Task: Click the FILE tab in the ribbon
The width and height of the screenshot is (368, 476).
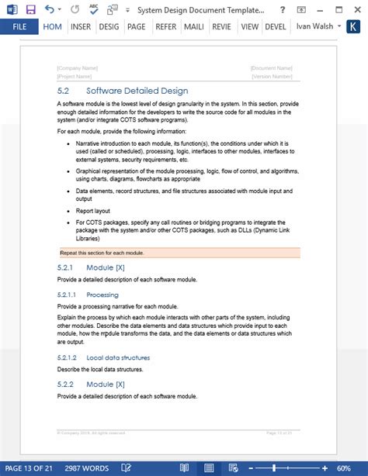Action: (x=19, y=26)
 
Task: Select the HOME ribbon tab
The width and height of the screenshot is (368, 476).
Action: (x=53, y=26)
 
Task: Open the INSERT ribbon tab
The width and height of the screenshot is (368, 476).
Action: (x=81, y=26)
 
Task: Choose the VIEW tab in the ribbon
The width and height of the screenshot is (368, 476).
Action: (x=249, y=26)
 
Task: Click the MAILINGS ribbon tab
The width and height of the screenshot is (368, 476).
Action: (x=193, y=26)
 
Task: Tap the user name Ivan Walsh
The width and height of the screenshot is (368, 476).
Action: (x=315, y=26)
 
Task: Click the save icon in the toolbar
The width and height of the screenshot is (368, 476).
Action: (x=30, y=9)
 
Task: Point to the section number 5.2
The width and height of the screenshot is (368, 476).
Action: (x=64, y=91)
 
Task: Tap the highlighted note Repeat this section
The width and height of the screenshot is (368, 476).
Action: (x=102, y=253)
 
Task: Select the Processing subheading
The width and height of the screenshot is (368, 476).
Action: (x=102, y=295)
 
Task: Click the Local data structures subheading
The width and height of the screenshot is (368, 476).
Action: (x=118, y=357)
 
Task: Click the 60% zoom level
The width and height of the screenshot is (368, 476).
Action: (x=343, y=468)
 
